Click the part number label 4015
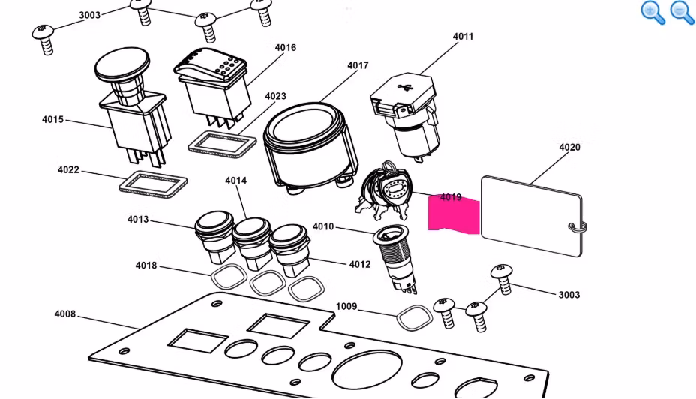click(x=52, y=119)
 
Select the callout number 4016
click(x=285, y=48)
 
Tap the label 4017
click(x=358, y=66)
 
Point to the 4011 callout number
click(x=463, y=36)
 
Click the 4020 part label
click(x=569, y=147)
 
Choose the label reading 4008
click(x=65, y=313)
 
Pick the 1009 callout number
click(x=346, y=306)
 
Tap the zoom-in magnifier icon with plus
click(x=652, y=13)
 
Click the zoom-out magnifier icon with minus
click(x=681, y=13)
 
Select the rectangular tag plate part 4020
click(x=529, y=214)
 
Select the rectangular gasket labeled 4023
click(x=220, y=142)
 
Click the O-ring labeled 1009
click(x=412, y=317)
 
